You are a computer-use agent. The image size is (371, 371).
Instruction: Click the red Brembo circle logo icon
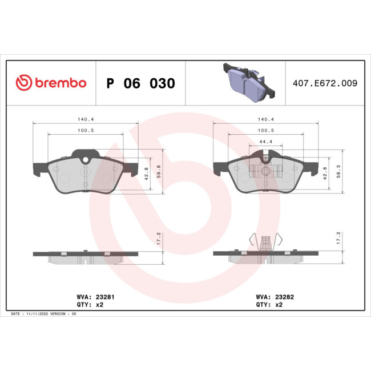click(23, 83)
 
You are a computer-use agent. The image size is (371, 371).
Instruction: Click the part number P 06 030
click(140, 83)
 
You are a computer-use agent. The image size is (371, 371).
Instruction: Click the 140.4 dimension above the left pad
click(86, 120)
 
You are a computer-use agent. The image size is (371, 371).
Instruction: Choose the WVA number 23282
click(284, 297)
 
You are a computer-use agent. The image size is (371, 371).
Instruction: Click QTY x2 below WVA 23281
click(90, 305)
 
